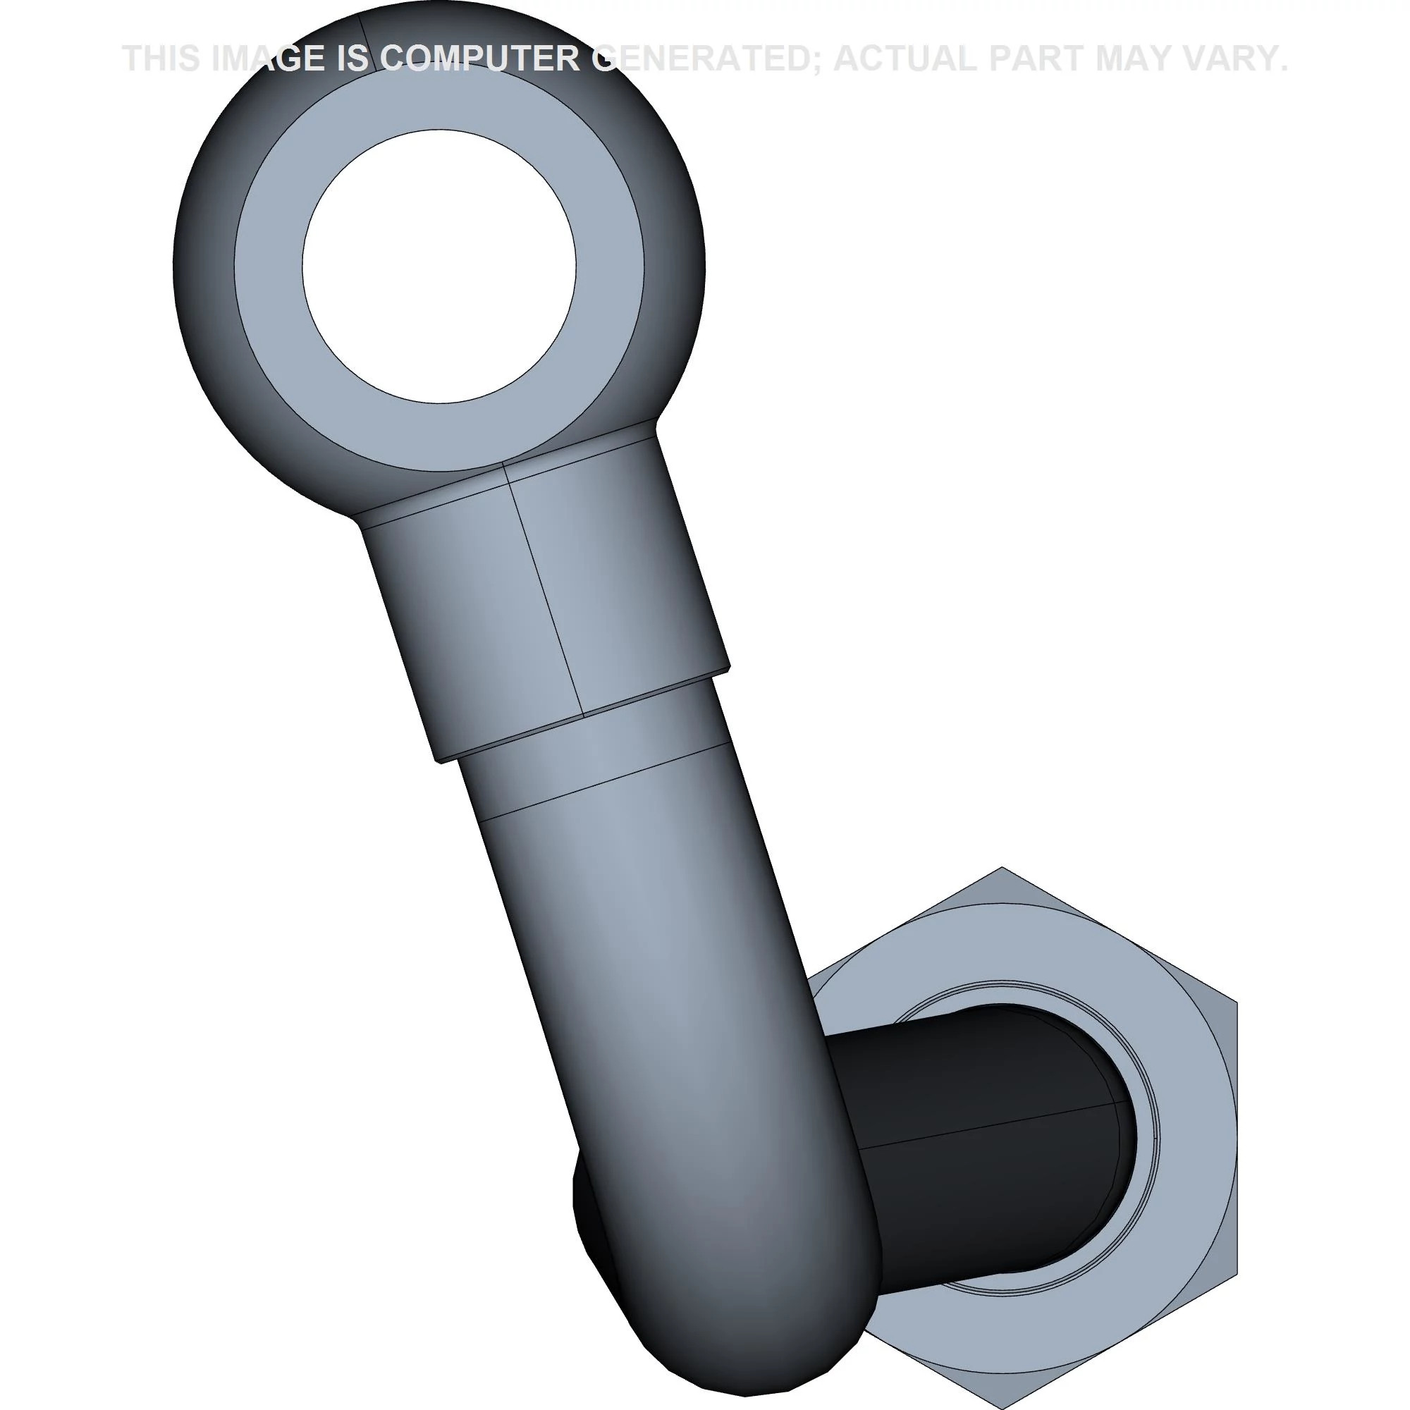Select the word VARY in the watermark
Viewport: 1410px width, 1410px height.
(1233, 59)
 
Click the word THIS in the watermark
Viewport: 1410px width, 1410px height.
(161, 59)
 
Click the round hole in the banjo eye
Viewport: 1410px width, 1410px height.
(439, 266)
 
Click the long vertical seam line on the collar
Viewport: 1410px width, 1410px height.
(544, 591)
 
